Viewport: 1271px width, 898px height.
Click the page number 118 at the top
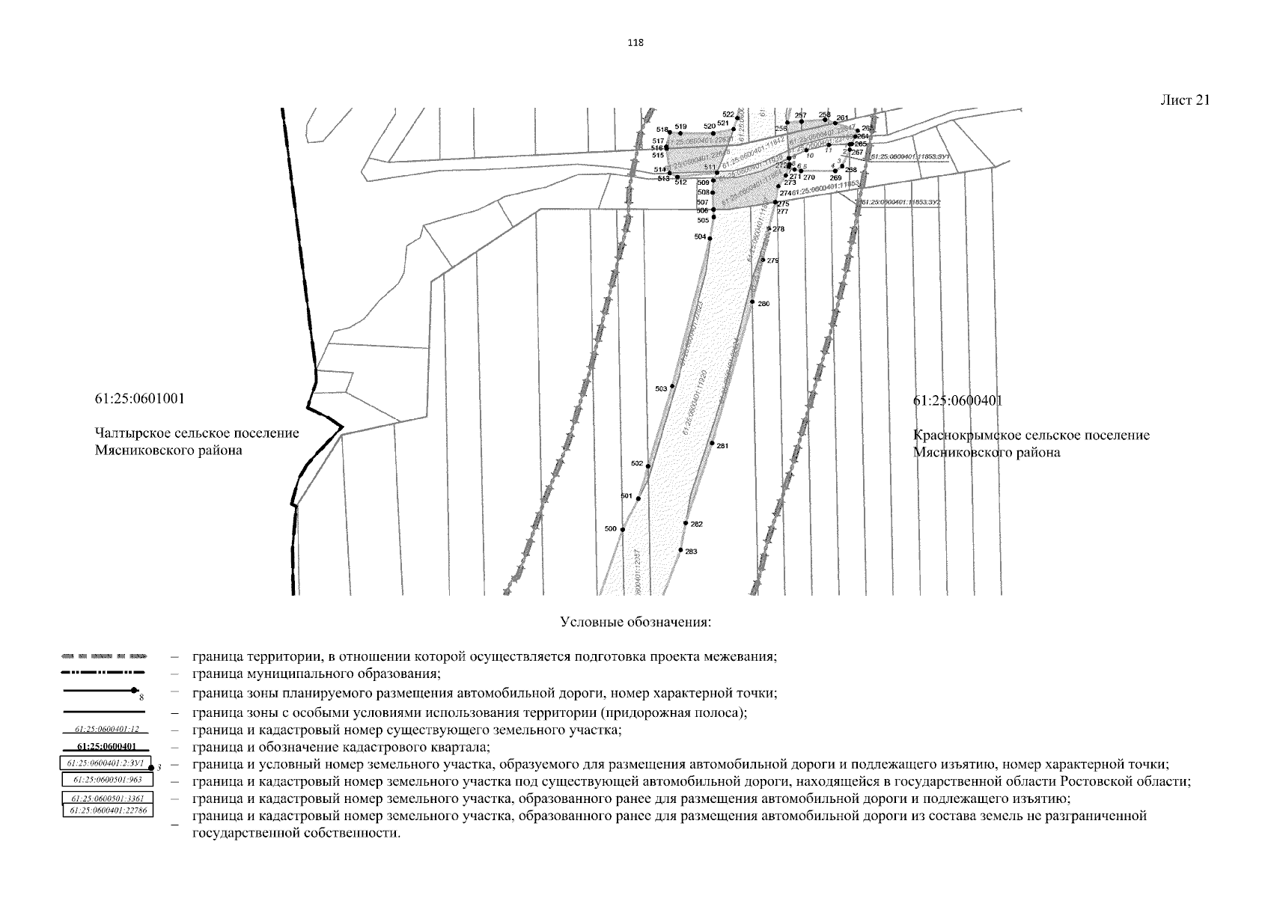tap(635, 43)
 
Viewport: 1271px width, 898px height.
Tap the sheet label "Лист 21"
tap(1185, 100)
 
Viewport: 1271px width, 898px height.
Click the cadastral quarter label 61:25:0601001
tap(140, 398)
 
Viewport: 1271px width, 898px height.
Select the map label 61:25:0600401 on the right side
tap(957, 401)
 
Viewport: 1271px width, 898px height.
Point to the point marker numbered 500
tap(623, 530)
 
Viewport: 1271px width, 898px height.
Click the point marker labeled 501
tap(638, 498)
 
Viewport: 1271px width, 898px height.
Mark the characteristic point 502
tap(648, 466)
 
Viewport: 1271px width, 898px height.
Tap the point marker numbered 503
tap(672, 386)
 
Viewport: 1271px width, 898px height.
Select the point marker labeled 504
tap(710, 238)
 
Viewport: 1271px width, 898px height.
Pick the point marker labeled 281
tap(712, 443)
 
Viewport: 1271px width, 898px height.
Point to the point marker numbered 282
tap(686, 523)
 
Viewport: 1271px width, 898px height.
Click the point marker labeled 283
tap(680, 550)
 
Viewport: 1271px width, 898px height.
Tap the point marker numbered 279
tap(763, 260)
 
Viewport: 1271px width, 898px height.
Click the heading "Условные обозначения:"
tap(635, 623)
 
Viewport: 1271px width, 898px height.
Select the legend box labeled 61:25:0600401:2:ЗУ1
tap(106, 764)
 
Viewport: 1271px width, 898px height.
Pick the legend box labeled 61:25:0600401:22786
tap(106, 810)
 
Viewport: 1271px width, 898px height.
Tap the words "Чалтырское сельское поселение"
tap(197, 434)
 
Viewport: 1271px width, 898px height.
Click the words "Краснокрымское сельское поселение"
tap(1031, 436)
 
